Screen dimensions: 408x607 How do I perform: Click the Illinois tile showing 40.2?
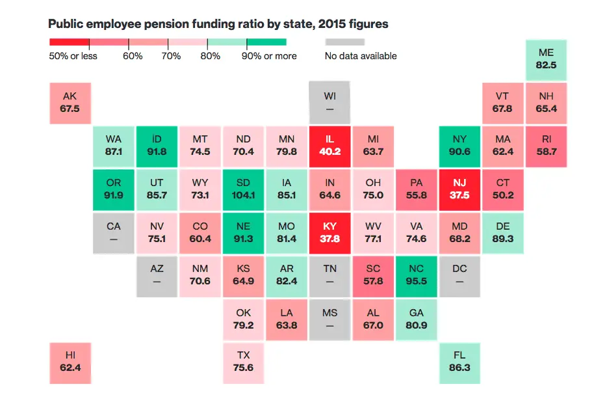pyautogui.click(x=329, y=145)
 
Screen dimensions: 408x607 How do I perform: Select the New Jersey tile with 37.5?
pyautogui.click(x=459, y=189)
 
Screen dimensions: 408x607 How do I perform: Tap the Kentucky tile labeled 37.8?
pyautogui.click(x=329, y=232)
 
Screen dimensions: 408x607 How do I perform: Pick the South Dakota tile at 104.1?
pyautogui.click(x=243, y=189)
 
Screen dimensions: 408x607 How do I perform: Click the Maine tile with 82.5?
pyautogui.click(x=547, y=59)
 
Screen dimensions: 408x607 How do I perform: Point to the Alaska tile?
pyautogui.click(x=70, y=102)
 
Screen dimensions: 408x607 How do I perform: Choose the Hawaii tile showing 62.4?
pyautogui.click(x=70, y=362)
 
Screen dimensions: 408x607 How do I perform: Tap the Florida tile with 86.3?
pyautogui.click(x=459, y=362)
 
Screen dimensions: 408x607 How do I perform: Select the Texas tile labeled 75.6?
pyautogui.click(x=243, y=362)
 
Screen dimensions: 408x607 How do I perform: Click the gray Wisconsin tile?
pyautogui.click(x=329, y=102)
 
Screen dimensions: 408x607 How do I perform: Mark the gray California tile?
pyautogui.click(x=113, y=232)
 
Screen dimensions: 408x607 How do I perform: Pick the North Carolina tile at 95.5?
pyautogui.click(x=417, y=275)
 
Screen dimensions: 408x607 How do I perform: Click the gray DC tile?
pyautogui.click(x=459, y=275)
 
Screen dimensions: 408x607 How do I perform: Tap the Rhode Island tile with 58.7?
pyautogui.click(x=547, y=145)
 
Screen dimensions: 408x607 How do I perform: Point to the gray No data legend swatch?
pyautogui.click(x=344, y=42)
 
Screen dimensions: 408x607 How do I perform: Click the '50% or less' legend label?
pyautogui.click(x=73, y=56)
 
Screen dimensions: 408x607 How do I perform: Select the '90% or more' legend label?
pyautogui.click(x=269, y=56)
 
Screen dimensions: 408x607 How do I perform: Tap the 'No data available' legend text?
pyautogui.click(x=361, y=56)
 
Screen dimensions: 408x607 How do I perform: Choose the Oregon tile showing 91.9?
pyautogui.click(x=113, y=189)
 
